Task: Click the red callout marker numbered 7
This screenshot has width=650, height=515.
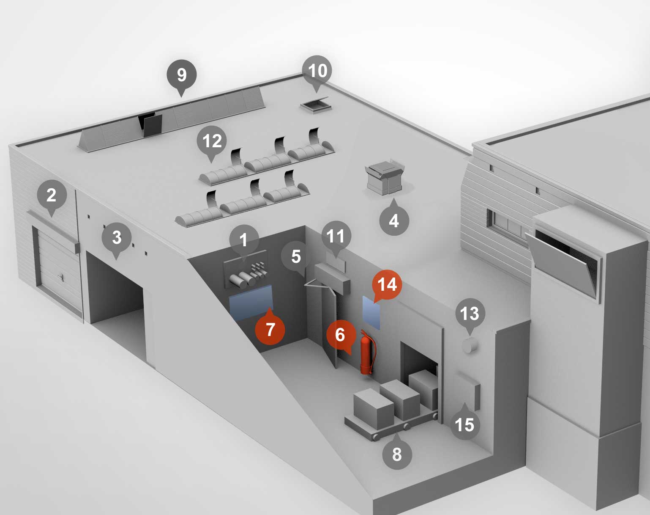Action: [270, 329]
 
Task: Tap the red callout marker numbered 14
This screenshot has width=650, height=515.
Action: [387, 284]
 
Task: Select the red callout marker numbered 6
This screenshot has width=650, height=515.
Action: [341, 335]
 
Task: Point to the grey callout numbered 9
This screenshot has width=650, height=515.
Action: [182, 75]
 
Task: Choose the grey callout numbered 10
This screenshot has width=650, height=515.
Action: [317, 71]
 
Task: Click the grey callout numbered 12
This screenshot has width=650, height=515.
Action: [212, 141]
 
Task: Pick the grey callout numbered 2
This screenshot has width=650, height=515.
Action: [52, 195]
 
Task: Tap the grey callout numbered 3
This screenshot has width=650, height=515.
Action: [117, 237]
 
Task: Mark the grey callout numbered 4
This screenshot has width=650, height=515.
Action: [394, 220]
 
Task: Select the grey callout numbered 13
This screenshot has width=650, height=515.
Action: [470, 314]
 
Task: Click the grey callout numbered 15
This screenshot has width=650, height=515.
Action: [464, 424]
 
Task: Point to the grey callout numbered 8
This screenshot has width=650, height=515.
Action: [396, 454]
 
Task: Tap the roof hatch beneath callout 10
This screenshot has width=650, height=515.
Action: [316, 104]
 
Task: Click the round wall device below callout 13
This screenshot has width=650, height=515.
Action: [470, 345]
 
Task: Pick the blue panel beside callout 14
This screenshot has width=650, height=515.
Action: [371, 313]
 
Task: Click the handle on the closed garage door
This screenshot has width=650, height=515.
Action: [62, 277]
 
